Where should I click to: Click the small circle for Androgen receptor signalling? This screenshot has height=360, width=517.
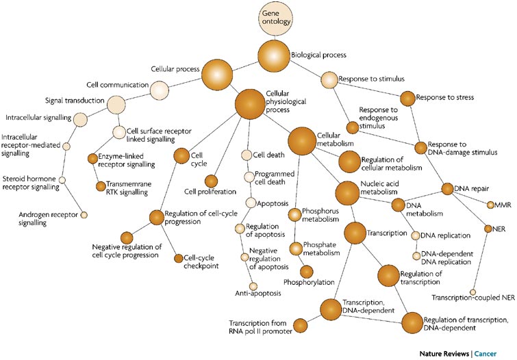pos(84,215)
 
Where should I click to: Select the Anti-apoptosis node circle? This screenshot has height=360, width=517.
pos(253,286)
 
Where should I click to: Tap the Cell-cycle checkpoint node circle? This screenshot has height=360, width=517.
pos(179,258)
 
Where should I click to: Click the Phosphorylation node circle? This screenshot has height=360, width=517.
pos(306,271)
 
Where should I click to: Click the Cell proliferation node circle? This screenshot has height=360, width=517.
pos(212,181)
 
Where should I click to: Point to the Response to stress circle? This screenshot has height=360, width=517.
pos(407,98)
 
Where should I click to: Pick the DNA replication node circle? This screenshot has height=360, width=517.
pos(415,235)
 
